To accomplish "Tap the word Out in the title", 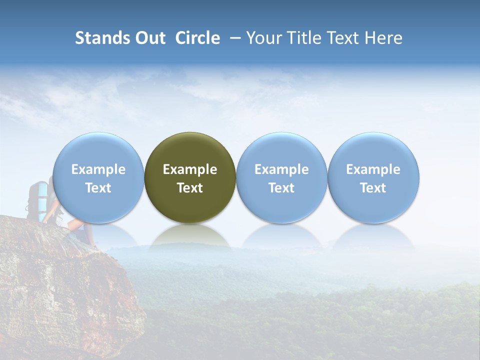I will click(x=149, y=38).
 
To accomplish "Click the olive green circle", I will click(x=190, y=150).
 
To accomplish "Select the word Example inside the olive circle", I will click(x=190, y=169).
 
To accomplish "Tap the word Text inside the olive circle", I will click(x=190, y=188).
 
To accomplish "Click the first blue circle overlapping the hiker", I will click(x=98, y=150).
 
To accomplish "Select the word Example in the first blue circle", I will click(x=98, y=169).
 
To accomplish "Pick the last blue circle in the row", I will click(x=373, y=150).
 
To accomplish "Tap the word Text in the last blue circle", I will click(x=373, y=188).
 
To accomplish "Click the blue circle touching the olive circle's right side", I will click(x=281, y=150).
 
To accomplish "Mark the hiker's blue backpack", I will click(x=37, y=197).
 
